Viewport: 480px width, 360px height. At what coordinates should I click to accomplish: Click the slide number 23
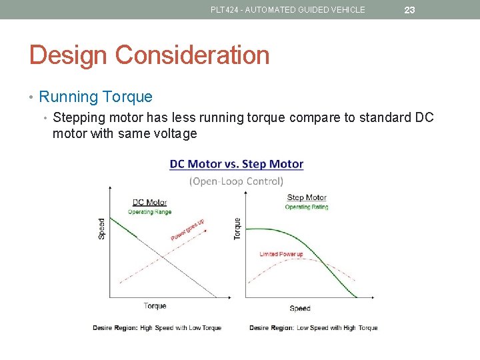click(409, 10)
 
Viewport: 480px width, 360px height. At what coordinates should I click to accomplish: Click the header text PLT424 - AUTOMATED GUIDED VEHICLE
click(288, 10)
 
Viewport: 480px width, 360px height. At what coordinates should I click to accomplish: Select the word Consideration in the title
click(194, 55)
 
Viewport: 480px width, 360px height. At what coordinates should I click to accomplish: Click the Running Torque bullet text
click(95, 97)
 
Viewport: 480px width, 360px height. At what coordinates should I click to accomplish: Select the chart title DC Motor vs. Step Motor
click(237, 164)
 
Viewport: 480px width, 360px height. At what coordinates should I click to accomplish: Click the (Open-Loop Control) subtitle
click(237, 181)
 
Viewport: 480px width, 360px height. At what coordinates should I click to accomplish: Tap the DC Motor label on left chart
click(149, 203)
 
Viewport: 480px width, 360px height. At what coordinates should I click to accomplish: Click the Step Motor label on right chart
click(307, 197)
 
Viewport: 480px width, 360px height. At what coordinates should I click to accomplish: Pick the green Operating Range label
click(149, 212)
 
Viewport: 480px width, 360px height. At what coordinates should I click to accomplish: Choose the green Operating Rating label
click(307, 207)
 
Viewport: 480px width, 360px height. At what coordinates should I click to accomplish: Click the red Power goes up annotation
click(187, 230)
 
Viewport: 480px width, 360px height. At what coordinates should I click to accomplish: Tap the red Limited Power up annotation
click(281, 254)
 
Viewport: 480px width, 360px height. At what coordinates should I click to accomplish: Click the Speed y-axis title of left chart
click(102, 229)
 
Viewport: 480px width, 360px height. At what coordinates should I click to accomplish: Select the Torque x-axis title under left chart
click(155, 306)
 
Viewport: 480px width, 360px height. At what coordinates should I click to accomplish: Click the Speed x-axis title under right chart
click(300, 308)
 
